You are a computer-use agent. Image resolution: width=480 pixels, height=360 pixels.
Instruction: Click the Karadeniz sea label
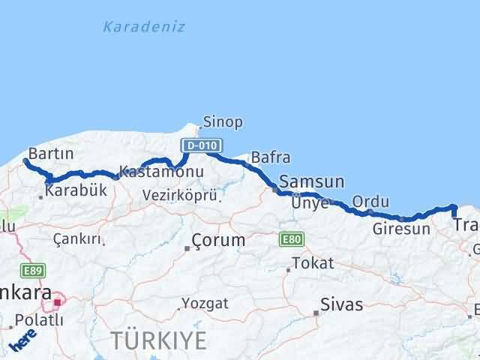click(143, 28)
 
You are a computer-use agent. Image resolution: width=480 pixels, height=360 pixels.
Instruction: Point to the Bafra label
click(270, 158)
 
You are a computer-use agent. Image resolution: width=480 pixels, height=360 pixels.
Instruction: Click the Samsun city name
click(311, 181)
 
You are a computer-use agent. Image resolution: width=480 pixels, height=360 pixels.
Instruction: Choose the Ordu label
click(370, 201)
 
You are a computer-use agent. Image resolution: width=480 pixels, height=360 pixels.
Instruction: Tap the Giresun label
click(401, 228)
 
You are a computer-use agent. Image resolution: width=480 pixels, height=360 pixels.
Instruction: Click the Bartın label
click(50, 153)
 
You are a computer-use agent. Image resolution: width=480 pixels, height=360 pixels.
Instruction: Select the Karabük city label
click(76, 190)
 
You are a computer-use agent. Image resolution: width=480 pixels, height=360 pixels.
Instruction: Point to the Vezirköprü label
click(180, 196)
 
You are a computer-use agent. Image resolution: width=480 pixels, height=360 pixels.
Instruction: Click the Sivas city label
click(341, 304)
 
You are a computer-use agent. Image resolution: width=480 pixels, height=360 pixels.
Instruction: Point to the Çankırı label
click(76, 238)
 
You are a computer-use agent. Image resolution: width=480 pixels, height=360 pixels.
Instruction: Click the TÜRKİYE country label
click(158, 340)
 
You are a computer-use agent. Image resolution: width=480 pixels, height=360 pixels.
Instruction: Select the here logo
click(22, 341)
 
